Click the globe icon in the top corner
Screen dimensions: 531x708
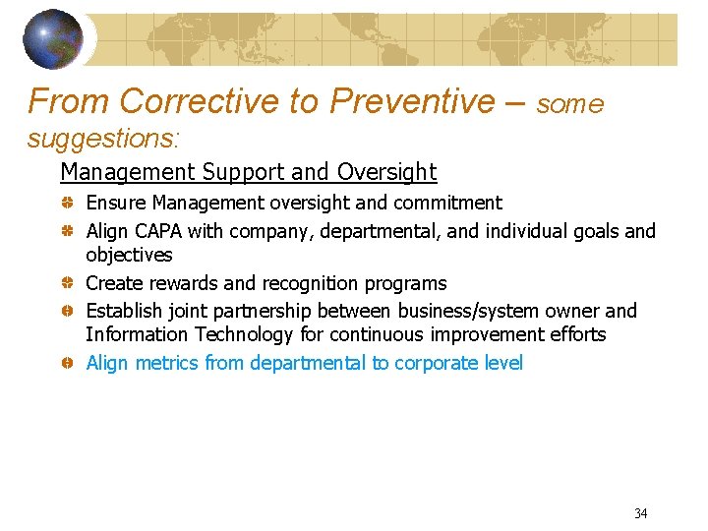tap(54, 38)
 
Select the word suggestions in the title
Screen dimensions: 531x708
tap(103, 138)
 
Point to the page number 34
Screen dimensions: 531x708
tap(640, 513)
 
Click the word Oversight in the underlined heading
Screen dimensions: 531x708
tap(386, 172)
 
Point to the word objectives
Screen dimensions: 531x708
tap(129, 256)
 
